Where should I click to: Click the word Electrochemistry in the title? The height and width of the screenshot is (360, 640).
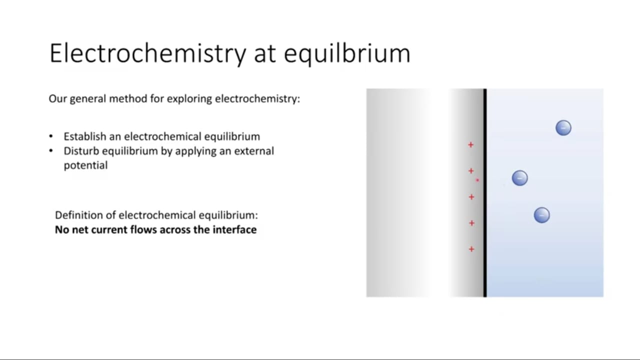point(147,53)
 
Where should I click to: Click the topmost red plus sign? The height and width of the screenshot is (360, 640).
point(471,145)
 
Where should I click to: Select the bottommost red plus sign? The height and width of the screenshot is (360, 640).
point(471,249)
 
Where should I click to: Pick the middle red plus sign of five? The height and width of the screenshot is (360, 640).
point(471,197)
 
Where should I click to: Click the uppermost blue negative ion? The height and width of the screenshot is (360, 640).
point(563,127)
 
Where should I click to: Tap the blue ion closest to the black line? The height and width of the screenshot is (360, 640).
point(519,178)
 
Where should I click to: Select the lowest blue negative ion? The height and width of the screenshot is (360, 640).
point(541,215)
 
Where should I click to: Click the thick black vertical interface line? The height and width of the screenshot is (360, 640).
point(485,193)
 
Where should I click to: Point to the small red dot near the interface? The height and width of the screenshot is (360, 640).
point(477,180)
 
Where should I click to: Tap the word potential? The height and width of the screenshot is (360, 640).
point(85,165)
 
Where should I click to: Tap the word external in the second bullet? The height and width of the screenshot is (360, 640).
point(254,151)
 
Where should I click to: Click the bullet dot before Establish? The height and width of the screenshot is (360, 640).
point(51,136)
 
